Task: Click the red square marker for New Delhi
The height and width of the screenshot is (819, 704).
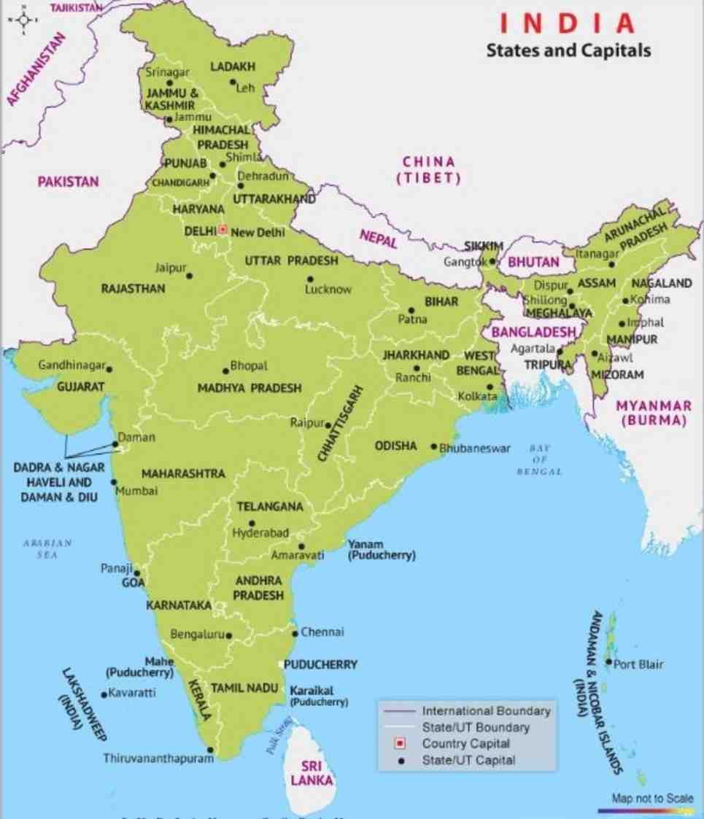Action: (x=223, y=230)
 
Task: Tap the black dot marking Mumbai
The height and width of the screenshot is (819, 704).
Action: (x=114, y=482)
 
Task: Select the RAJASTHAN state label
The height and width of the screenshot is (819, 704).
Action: (x=133, y=289)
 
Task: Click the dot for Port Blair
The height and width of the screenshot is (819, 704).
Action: (x=608, y=662)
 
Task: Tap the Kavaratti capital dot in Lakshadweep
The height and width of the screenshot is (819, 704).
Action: (x=104, y=694)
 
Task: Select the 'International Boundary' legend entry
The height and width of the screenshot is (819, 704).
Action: (x=486, y=711)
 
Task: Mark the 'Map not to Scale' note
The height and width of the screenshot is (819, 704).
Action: (x=653, y=799)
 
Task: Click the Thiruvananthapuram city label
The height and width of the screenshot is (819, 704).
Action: (x=158, y=758)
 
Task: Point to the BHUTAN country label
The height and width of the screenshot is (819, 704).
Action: (x=533, y=262)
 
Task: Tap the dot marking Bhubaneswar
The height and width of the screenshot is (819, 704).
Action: (x=434, y=447)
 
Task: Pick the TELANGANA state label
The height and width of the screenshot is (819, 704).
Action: (x=270, y=506)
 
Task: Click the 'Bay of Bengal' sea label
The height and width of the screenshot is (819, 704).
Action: (x=539, y=460)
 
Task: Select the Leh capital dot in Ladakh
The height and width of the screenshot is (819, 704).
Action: (x=233, y=82)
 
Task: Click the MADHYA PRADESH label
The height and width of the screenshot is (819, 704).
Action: (x=249, y=389)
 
